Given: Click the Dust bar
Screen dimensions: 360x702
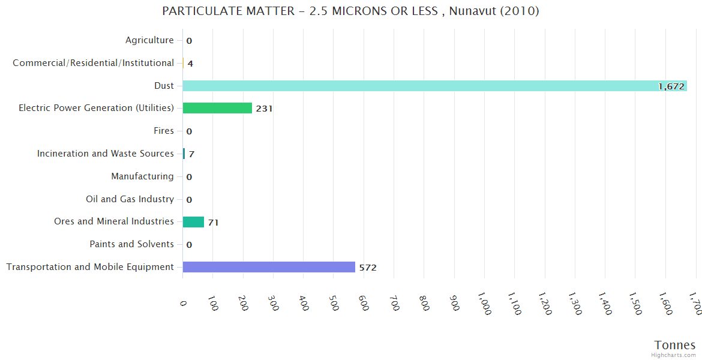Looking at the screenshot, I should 434,86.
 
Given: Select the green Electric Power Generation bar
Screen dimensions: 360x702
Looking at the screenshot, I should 217,108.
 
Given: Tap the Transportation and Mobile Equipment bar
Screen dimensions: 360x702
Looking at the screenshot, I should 269,267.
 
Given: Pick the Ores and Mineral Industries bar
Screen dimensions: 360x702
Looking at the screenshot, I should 193,222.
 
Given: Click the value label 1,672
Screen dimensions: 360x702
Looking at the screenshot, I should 671,86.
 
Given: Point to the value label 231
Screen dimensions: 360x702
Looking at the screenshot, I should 264,109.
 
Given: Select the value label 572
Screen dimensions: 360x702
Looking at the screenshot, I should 368,268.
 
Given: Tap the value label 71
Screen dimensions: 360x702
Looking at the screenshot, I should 213,223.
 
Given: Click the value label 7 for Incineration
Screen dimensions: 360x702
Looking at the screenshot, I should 191,154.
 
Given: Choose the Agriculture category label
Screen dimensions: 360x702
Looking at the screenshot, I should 149,40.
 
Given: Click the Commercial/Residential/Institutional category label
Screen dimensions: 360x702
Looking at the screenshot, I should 93,63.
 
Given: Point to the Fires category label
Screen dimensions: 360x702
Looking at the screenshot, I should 164,131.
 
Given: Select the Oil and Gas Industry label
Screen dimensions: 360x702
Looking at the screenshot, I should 130,199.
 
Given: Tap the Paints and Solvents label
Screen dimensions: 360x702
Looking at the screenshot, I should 131,244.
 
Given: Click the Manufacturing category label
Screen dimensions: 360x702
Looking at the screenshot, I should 142,176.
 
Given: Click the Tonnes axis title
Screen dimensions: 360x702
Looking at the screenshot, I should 675,345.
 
